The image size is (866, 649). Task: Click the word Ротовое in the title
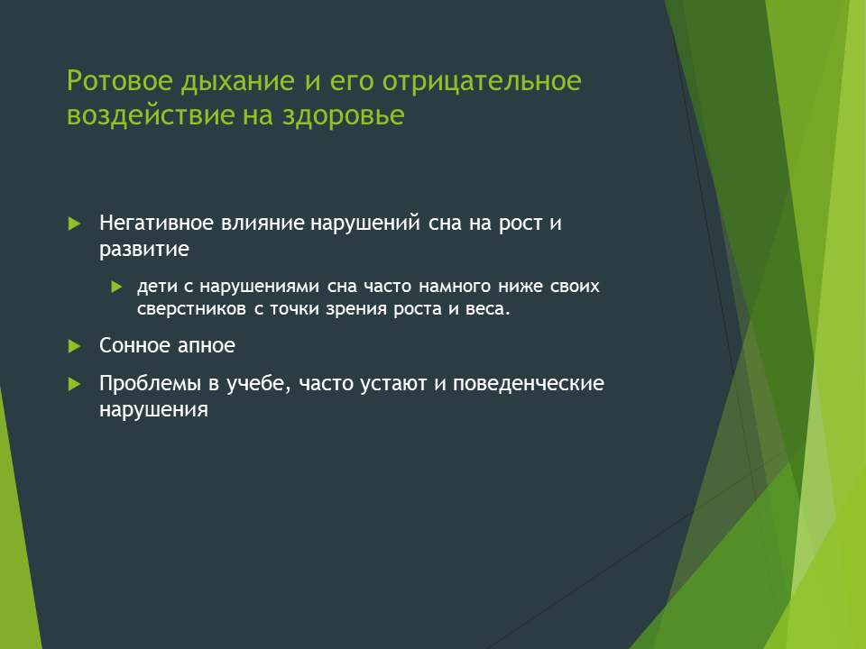120,80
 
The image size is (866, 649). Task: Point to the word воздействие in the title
150,115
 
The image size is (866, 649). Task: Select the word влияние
263,223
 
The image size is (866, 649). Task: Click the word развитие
144,250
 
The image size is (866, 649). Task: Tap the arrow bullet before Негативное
74,224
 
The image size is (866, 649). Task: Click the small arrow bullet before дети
116,287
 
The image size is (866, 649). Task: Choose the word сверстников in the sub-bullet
191,308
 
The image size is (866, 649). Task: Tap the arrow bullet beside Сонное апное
74,346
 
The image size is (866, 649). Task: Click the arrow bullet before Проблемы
74,384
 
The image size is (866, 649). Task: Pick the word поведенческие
528,384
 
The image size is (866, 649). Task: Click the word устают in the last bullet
393,384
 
